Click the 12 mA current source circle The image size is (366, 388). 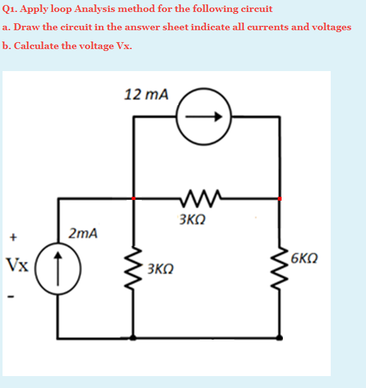coord(203,117)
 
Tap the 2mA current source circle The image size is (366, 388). coord(58,263)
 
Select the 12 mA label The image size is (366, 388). coord(147,95)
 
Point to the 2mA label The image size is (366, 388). coord(83,234)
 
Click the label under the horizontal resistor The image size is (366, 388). coord(192,220)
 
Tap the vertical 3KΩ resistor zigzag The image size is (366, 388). coord(133,267)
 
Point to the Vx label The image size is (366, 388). coord(17,263)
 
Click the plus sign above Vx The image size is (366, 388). coord(11,238)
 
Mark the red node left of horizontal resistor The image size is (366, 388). coord(133,198)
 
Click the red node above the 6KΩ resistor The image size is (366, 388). coord(279,198)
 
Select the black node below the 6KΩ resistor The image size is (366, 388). coord(279,338)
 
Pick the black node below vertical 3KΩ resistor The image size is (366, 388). coord(132,338)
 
